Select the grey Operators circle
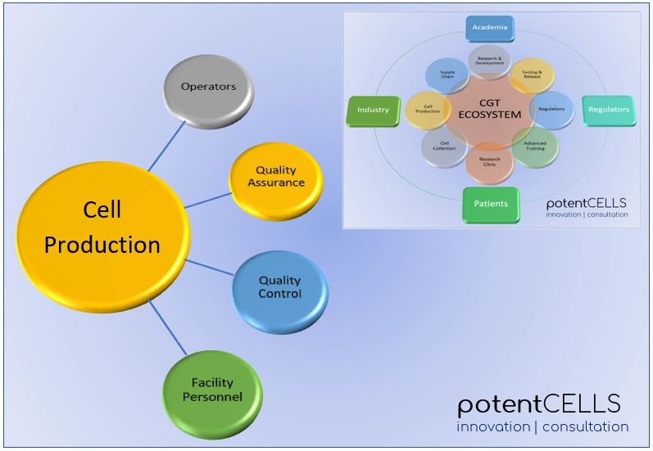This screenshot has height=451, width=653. coord(208,88)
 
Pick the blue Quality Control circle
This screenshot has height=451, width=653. coord(279,288)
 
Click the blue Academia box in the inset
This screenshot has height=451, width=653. coord(490,29)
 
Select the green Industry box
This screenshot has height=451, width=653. coord(373,110)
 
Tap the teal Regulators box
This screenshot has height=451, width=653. coord(608,110)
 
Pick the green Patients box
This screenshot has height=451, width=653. coord(491,203)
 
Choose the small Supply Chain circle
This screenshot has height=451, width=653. coord(447,74)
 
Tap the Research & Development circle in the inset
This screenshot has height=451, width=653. coord(489,61)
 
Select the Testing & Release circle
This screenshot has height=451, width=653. coord(532,76)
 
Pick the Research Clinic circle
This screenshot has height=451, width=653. coord(489,161)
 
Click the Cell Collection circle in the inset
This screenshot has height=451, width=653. coord(444,147)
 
